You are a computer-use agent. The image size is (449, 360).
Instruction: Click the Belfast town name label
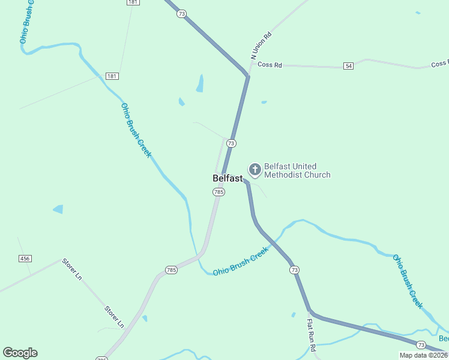(228, 178)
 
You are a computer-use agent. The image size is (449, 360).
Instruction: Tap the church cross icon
(255, 170)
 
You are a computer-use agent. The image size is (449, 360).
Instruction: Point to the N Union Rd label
(261, 45)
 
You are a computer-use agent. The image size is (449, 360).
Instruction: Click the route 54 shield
(349, 65)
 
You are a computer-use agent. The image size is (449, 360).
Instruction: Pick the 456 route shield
(25, 258)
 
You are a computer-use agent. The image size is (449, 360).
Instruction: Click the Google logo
(20, 352)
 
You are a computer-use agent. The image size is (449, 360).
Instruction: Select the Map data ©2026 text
(424, 355)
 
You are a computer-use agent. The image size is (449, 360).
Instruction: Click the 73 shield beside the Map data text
(421, 345)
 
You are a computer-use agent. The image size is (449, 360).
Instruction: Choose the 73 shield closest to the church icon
(231, 143)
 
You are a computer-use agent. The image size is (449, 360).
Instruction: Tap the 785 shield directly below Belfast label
(218, 192)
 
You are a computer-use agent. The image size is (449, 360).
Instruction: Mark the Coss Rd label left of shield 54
(270, 64)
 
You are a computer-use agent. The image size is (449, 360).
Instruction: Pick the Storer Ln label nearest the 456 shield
(72, 269)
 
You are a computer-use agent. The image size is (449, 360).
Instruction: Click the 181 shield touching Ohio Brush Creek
(112, 76)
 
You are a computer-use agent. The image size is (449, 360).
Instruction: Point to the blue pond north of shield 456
(58, 209)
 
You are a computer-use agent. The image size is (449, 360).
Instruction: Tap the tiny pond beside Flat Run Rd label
(293, 314)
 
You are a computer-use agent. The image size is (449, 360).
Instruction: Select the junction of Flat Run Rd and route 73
(310, 311)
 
